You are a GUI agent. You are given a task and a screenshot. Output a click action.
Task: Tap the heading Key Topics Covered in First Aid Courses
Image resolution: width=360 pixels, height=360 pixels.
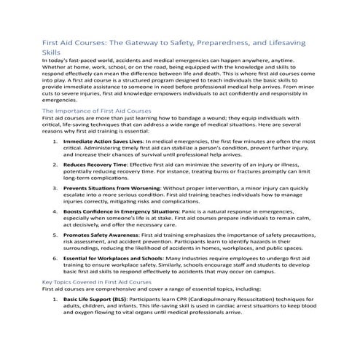tap(107, 281)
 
